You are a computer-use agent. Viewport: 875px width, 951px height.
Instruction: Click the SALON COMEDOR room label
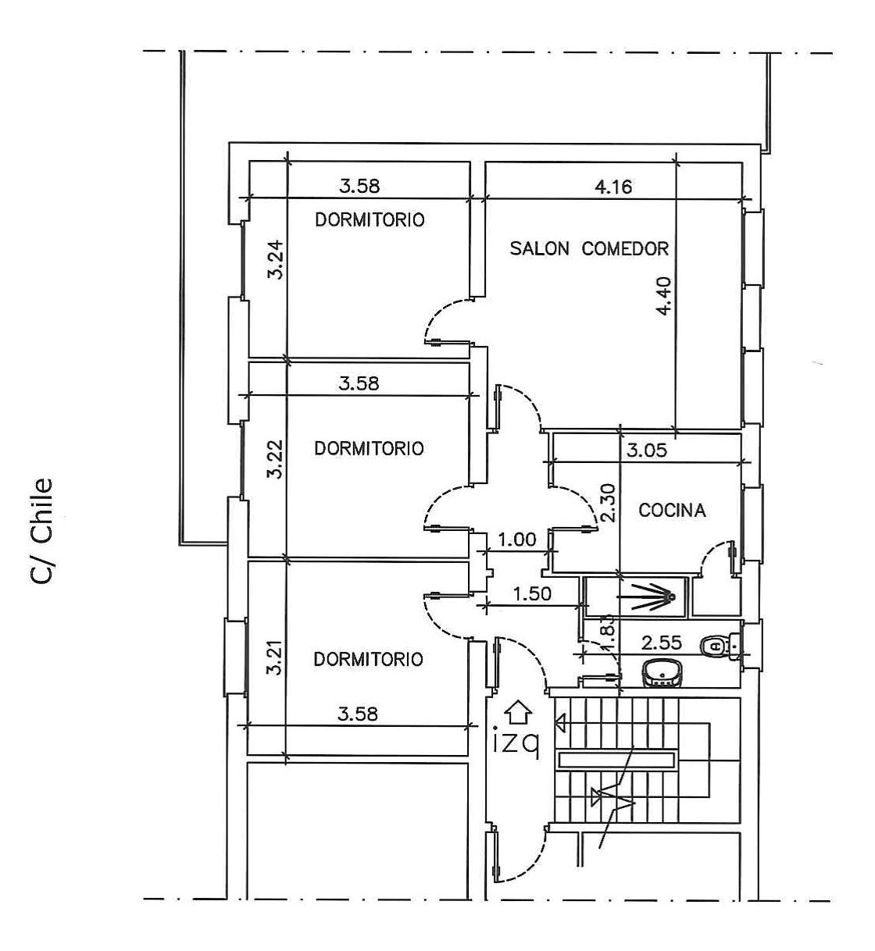pyautogui.click(x=589, y=248)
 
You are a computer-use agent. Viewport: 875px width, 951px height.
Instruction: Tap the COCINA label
pyautogui.click(x=672, y=510)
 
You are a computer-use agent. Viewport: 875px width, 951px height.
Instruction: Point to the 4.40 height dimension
pyautogui.click(x=663, y=297)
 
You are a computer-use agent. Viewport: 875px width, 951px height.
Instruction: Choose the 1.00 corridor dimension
pyautogui.click(x=517, y=540)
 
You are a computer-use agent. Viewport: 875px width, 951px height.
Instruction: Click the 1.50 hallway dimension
pyautogui.click(x=532, y=593)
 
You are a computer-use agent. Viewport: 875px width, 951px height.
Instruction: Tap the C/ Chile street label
pyautogui.click(x=43, y=531)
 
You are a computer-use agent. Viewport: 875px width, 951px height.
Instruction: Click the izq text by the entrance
pyautogui.click(x=516, y=744)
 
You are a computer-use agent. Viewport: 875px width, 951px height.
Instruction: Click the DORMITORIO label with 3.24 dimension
pyautogui.click(x=370, y=219)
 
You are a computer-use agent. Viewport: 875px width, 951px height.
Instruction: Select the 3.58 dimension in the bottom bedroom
pyautogui.click(x=358, y=714)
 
